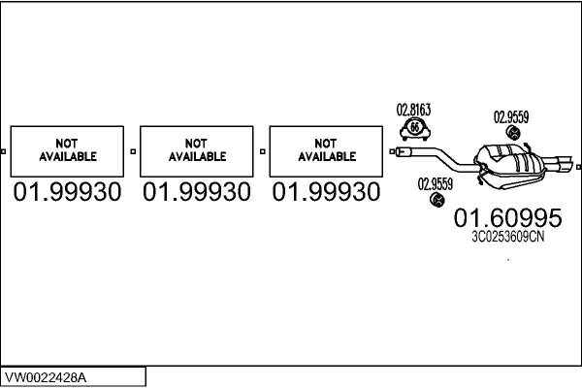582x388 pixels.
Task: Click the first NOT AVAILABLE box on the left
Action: [x=67, y=150]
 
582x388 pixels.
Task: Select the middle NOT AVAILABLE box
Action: [x=197, y=150]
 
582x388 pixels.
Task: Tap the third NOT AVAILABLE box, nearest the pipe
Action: [x=327, y=150]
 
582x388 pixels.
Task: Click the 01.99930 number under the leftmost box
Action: [x=67, y=192]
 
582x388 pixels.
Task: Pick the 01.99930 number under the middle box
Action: [x=197, y=192]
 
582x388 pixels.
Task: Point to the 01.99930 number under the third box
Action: [x=327, y=192]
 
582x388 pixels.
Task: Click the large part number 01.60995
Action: [x=495, y=218]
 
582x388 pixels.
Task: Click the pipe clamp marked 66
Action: [x=415, y=128]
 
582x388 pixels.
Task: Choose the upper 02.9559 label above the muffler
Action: [x=511, y=117]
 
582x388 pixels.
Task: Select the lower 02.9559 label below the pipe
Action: [x=436, y=182]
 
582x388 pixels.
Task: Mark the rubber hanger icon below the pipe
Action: [x=436, y=200]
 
